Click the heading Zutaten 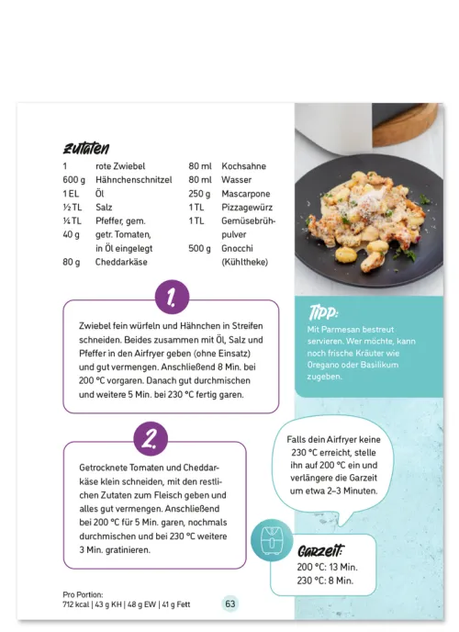coord(86,148)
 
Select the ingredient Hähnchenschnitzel coord(135,180)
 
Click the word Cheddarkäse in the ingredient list coord(122,262)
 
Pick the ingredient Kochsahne coord(244,166)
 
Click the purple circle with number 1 coord(172,298)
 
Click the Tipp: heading coord(324,310)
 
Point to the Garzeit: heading coord(320,551)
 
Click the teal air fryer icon coord(272,543)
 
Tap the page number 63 coord(230,604)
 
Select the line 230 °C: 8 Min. coord(327,580)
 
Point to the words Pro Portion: coord(83,593)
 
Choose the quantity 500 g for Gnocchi coord(200,248)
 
